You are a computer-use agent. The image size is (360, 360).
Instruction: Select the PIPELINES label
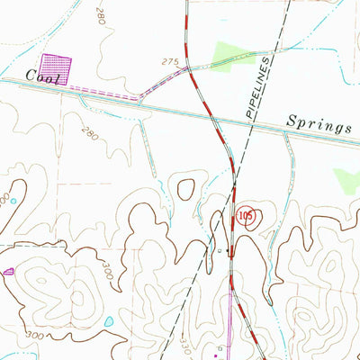[x=258, y=89]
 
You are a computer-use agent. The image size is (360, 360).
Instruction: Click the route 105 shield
[x=247, y=216]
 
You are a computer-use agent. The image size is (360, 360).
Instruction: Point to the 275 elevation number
[x=171, y=62]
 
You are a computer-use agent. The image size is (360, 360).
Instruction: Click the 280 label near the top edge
[x=98, y=15]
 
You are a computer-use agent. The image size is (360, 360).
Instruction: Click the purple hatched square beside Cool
[x=56, y=68]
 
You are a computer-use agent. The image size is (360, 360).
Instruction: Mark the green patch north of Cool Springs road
[x=228, y=54]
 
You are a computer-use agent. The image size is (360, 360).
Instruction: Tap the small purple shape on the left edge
[x=8, y=271]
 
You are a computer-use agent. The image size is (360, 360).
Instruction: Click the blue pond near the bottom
[x=109, y=320]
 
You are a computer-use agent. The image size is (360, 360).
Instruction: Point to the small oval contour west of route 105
[x=186, y=189]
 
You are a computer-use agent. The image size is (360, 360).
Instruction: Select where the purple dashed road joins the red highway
[x=187, y=68]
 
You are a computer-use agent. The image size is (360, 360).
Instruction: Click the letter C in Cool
[x=31, y=76]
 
